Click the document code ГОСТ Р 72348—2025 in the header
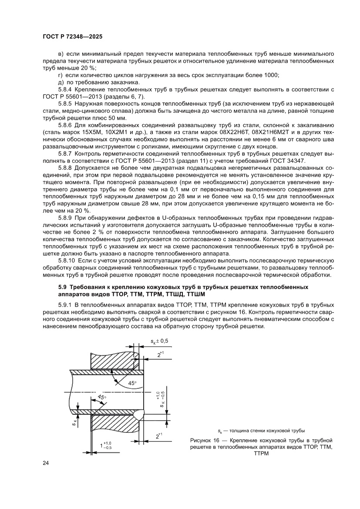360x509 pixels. tap(72, 37)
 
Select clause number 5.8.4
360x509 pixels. tap(65, 89)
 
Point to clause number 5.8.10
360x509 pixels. tap(67, 260)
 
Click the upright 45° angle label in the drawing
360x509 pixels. tap(132, 383)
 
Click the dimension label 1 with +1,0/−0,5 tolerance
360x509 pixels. tap(105, 445)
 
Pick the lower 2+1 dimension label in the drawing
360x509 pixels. tap(159, 435)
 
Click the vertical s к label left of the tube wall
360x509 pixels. tap(75, 421)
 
